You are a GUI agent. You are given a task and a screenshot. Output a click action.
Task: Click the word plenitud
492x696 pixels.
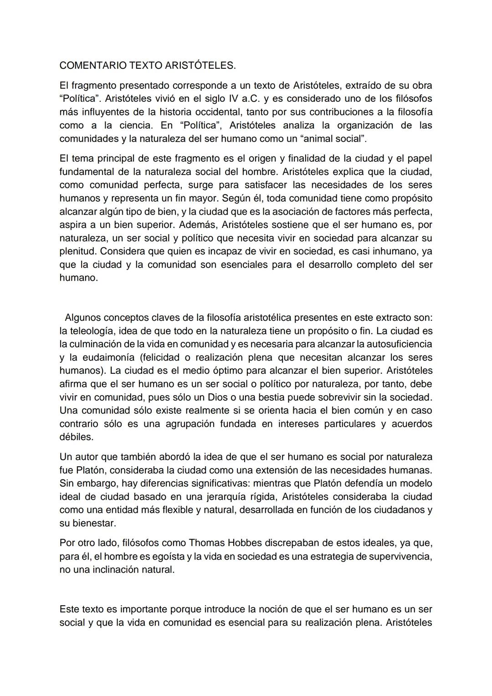click(77, 251)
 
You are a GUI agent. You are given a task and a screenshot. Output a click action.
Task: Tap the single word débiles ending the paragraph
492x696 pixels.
click(76, 437)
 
